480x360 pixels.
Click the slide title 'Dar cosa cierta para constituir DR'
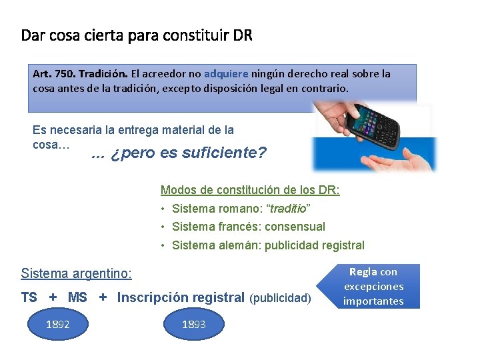click(x=137, y=35)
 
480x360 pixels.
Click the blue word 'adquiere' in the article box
click(x=226, y=74)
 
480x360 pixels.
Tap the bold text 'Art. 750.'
click(x=51, y=74)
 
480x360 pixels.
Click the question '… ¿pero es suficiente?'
click(x=179, y=153)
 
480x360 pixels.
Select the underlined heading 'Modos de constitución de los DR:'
click(x=251, y=190)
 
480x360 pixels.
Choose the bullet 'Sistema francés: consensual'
click(x=248, y=227)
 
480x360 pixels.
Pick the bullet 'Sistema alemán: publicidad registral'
click(x=268, y=245)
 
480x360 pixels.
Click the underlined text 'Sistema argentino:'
click(x=77, y=273)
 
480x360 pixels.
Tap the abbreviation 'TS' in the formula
click(x=29, y=298)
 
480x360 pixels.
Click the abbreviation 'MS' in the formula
click(x=77, y=298)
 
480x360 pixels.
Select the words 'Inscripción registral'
click(x=181, y=298)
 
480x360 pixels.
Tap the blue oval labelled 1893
click(x=193, y=325)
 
